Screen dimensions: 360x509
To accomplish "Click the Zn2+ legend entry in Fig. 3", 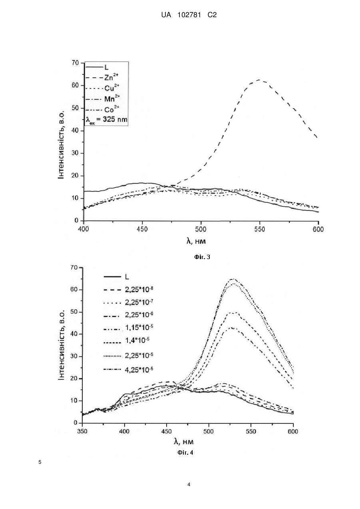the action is (x=111, y=77).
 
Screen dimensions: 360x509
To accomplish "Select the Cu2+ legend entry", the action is (x=111, y=88).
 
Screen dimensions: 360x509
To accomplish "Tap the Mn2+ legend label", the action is (x=112, y=99).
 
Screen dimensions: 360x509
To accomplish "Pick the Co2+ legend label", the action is (x=111, y=109).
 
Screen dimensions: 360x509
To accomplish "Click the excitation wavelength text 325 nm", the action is (x=115, y=119).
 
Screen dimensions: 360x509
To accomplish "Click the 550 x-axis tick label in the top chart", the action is (x=259, y=229).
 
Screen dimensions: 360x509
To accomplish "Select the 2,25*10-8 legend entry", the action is (x=139, y=289).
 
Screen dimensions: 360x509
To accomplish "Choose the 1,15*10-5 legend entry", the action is (x=139, y=327).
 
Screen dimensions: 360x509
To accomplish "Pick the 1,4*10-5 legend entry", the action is (x=137, y=340).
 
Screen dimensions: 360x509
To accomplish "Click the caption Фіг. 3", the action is (x=202, y=257).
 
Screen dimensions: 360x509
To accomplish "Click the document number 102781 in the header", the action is (x=189, y=15).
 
